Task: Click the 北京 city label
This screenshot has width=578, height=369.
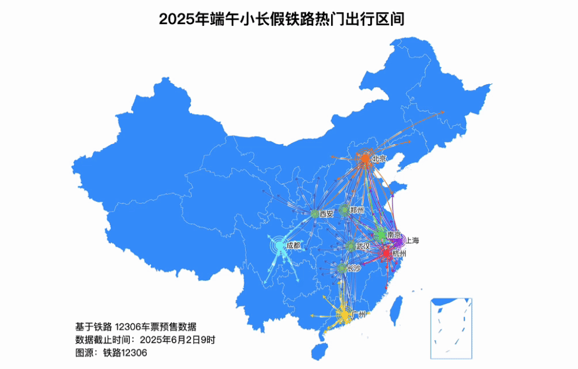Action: point(379,158)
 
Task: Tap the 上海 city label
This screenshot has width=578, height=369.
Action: point(413,240)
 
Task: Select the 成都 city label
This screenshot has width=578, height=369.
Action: point(293,246)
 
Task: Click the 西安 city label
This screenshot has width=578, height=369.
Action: point(326,214)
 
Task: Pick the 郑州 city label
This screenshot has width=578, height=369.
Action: point(357,210)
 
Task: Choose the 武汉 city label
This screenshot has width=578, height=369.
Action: point(363,246)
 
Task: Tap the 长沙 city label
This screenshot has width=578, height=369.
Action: point(354,268)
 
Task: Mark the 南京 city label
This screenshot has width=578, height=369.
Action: point(394,235)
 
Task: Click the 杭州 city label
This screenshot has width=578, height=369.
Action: point(399,254)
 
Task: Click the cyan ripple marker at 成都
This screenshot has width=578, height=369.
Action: point(279,246)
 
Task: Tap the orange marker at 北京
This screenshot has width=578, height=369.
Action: point(364,157)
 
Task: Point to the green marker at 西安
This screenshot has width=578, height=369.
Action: point(315,214)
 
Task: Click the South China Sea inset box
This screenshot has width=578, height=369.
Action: point(451,326)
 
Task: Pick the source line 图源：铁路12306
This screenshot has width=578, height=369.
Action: point(111,353)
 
